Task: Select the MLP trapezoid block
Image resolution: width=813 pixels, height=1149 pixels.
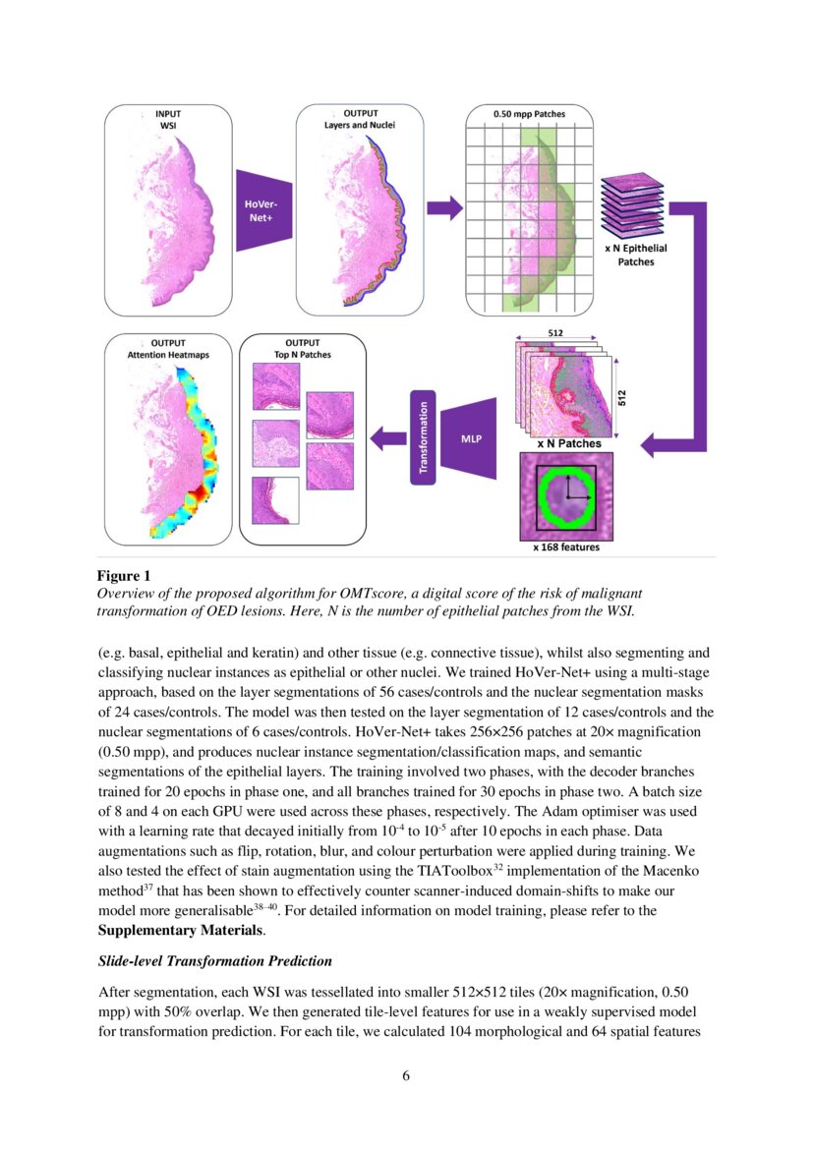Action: [x=471, y=437]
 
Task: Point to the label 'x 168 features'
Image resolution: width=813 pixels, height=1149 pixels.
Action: [x=565, y=547]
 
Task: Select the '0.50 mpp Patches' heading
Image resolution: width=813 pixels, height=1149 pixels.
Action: [x=529, y=115]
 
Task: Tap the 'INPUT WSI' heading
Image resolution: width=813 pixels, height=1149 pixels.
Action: [x=167, y=119]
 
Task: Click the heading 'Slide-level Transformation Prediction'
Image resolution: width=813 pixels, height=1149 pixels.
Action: [x=213, y=960]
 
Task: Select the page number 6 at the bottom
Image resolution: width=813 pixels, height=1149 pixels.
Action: [x=406, y=1074]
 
